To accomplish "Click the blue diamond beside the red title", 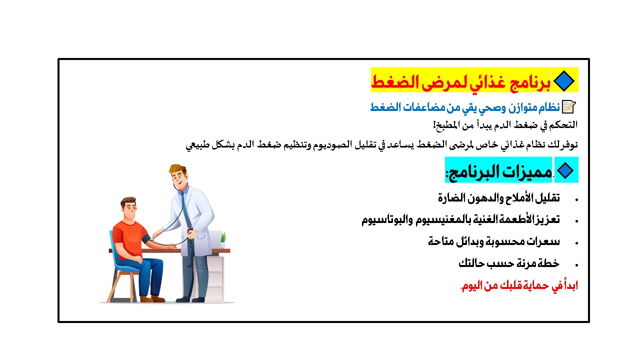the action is (x=563, y=81).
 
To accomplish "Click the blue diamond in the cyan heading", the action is (x=565, y=170).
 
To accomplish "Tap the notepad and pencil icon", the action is (x=568, y=107).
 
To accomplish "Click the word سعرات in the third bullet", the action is (x=543, y=242).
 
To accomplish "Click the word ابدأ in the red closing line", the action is (x=569, y=285).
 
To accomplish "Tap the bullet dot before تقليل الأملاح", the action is (x=576, y=200).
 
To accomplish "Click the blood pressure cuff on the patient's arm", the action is (x=145, y=239).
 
